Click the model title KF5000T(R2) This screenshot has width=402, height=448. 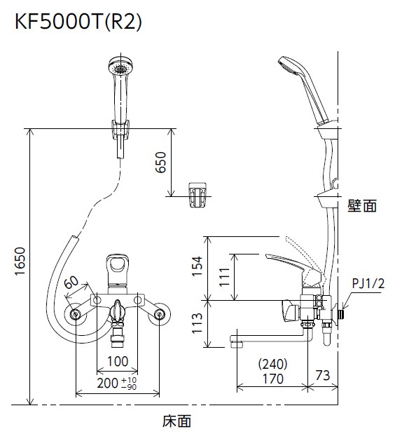(78, 22)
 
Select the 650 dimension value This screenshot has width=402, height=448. (160, 163)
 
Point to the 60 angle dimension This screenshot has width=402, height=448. (71, 283)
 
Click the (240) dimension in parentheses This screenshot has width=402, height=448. (272, 364)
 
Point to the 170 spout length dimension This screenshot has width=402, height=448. (272, 379)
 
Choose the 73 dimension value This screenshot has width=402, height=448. (322, 376)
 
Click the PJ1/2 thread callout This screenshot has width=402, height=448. (368, 283)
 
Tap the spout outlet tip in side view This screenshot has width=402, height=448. (235, 342)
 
